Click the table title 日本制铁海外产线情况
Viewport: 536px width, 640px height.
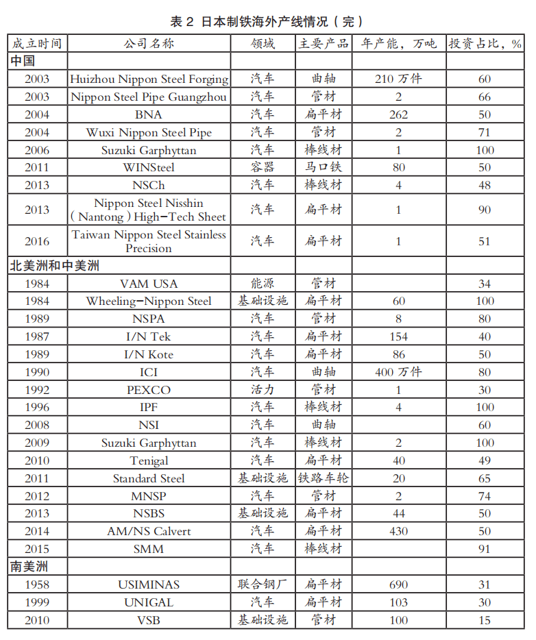[267, 21]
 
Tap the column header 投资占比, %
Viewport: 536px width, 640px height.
[485, 44]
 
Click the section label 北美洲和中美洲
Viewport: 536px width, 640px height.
[54, 266]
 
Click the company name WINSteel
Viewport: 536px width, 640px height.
[149, 168]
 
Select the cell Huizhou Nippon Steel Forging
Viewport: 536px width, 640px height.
[149, 79]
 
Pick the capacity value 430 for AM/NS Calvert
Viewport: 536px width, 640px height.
[398, 532]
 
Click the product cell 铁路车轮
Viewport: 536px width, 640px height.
[323, 478]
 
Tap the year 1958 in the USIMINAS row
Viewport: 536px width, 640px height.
[37, 585]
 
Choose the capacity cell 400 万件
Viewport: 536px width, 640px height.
[398, 372]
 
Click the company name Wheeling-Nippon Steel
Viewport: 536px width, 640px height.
[149, 301]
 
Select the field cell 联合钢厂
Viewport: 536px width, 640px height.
[263, 585]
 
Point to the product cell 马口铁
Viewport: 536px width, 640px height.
[323, 168]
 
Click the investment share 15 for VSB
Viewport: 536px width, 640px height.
[485, 621]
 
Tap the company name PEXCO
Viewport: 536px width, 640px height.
[149, 390]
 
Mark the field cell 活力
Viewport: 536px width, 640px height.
[263, 390]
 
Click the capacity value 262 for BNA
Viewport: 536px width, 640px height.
[398, 115]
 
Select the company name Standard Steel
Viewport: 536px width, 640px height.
[149, 478]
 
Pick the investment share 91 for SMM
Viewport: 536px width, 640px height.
[485, 550]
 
